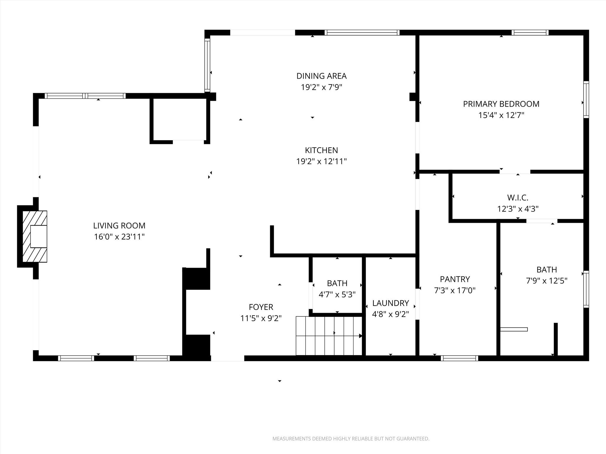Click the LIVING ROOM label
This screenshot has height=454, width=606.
point(119,226)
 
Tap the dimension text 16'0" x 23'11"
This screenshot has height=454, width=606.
point(119,237)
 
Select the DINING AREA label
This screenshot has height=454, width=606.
point(321,76)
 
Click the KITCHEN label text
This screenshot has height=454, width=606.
point(321,150)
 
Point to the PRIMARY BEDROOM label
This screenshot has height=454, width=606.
point(501,104)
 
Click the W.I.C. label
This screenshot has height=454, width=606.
point(518,197)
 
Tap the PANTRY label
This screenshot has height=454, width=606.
point(455,279)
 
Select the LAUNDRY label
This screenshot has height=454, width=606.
point(390,303)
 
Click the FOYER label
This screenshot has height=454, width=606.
point(261,307)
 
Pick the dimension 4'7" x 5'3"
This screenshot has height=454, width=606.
point(337,294)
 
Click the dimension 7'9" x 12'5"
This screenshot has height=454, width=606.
point(547,281)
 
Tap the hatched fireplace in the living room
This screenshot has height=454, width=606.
point(35,236)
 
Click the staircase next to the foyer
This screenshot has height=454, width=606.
point(328,336)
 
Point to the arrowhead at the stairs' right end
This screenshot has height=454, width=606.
point(360,336)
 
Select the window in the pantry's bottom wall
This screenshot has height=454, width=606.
point(459,358)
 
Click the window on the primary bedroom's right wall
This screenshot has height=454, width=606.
point(586,100)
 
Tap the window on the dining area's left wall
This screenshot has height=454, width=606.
point(207,65)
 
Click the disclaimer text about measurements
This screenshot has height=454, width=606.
point(351,439)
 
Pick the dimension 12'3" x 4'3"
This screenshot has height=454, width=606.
point(518,209)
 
